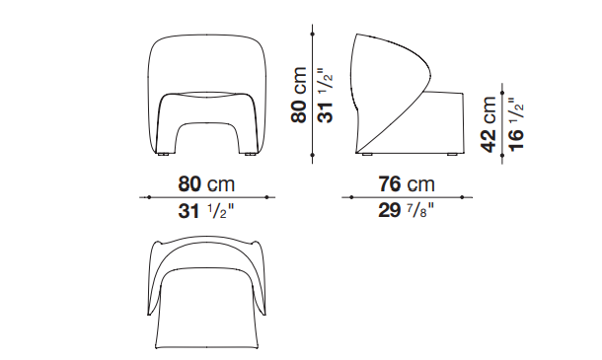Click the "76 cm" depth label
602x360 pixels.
click(407, 183)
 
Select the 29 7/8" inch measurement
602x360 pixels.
click(406, 210)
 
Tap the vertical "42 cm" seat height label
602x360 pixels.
click(488, 124)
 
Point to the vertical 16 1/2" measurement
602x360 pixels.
click(515, 124)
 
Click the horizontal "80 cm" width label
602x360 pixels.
click(206, 183)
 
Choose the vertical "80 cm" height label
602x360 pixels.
click(299, 95)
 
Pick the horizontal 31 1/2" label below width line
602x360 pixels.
click(206, 211)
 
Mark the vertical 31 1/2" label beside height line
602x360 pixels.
click(326, 96)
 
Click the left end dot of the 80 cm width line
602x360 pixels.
click(149, 197)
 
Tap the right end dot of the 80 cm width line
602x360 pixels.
click(266, 197)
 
